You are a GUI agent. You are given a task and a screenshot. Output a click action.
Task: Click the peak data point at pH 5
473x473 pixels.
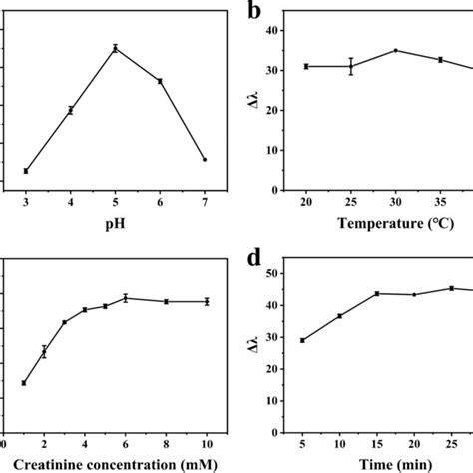point(115,48)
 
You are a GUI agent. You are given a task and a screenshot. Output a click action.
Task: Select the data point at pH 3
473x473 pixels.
point(25,171)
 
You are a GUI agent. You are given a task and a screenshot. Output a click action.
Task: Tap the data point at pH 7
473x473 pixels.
point(205,160)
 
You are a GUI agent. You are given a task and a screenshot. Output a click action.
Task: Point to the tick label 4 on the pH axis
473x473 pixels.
point(70,203)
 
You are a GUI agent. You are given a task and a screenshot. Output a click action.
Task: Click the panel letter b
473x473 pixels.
point(256,14)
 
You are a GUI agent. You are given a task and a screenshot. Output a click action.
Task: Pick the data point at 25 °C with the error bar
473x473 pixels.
point(351,66)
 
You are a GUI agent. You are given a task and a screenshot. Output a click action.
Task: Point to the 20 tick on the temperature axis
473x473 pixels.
point(306,203)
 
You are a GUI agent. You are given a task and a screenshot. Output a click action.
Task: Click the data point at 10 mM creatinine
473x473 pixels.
point(207,301)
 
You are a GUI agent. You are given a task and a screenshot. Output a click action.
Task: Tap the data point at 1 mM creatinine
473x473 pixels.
point(24,383)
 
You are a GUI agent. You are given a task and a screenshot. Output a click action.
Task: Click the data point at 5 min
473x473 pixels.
point(302,340)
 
